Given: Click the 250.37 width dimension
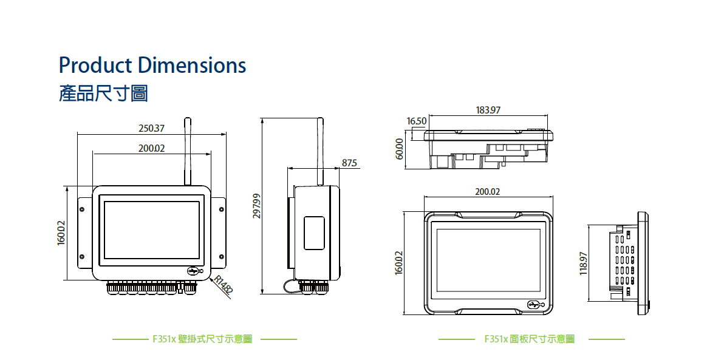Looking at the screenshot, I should point(152,128).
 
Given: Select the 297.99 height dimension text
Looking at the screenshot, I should point(256,206).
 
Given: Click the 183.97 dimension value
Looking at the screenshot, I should point(488,110).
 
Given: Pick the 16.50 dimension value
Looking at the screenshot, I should point(417,121).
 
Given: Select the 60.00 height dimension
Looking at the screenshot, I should point(399,149).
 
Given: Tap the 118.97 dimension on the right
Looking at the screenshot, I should point(583,263).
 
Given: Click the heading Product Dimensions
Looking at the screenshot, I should point(152,65).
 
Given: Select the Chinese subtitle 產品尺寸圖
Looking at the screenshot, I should point(103,93).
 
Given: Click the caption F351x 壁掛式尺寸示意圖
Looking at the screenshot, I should point(202,339).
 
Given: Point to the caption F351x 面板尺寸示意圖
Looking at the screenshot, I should point(529,339).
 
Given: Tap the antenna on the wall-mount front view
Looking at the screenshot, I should point(188,152).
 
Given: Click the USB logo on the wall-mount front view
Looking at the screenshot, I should point(193,271).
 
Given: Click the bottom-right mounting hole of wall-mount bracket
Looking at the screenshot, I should point(221,256).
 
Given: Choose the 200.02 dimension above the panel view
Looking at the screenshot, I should point(488,192).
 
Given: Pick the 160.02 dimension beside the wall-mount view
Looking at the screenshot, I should point(61,233).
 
